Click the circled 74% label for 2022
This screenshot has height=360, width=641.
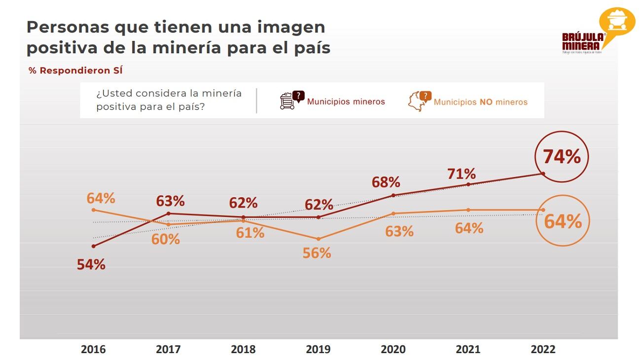(562, 157)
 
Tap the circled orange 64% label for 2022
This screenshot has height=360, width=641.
(563, 222)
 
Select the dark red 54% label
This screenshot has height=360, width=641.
(91, 264)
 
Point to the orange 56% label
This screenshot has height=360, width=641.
(317, 253)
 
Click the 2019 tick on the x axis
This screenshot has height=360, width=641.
(318, 349)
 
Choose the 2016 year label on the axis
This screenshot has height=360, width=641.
(93, 349)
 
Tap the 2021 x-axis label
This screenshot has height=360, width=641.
(468, 349)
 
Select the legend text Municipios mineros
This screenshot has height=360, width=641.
(346, 102)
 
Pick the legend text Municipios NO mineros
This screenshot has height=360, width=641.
(480, 102)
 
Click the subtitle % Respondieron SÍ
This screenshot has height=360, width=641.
(75, 71)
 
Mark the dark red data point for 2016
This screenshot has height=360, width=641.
(94, 246)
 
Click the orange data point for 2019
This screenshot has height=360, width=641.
(318, 239)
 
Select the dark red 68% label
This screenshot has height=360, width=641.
(386, 182)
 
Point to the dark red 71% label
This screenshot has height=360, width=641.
(462, 174)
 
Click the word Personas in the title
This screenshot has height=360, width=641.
(64, 27)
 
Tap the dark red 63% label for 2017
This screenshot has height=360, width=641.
(170, 201)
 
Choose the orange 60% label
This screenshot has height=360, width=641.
(166, 239)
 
